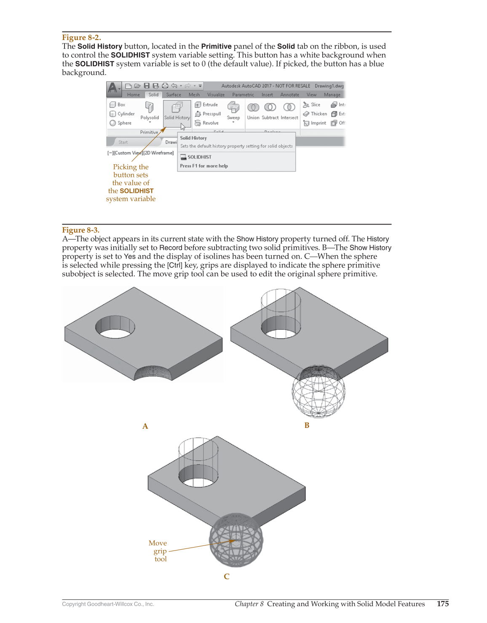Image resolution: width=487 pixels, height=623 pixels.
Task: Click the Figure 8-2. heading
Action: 81,37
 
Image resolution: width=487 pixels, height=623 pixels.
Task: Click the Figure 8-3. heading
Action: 80,230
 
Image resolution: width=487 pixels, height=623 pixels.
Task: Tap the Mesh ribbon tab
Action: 194,95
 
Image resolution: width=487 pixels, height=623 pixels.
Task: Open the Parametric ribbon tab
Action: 243,95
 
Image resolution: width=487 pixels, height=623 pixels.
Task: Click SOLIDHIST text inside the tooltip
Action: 199,157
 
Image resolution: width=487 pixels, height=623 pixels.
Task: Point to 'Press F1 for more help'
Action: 204,166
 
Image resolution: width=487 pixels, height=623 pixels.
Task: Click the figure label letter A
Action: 145,426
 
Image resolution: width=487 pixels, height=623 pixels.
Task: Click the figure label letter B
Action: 307,425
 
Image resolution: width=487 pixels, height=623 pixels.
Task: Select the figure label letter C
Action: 227,577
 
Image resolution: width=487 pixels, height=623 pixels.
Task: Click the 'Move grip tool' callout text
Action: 159,551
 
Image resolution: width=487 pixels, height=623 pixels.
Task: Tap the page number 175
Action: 443,604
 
